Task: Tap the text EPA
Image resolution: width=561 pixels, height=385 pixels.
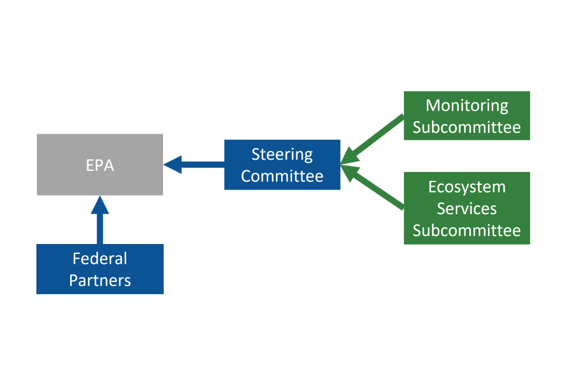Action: point(99,165)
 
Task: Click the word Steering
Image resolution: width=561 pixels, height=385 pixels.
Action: point(282,154)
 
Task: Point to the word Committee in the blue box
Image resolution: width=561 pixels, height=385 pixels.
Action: point(282,176)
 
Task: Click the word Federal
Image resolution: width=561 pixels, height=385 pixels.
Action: point(99,259)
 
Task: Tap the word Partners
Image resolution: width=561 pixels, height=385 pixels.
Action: point(99,280)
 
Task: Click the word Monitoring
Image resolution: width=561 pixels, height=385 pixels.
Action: point(466,105)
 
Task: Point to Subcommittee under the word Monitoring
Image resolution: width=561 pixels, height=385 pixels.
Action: point(466,127)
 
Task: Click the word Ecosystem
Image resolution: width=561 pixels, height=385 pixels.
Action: point(466,187)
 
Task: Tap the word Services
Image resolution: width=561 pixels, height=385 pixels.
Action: point(466,208)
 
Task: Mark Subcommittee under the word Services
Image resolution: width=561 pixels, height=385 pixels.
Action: point(466,230)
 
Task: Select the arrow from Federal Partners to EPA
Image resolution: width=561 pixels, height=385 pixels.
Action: point(100,225)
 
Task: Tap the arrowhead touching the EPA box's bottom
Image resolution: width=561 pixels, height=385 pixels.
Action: point(100,205)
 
